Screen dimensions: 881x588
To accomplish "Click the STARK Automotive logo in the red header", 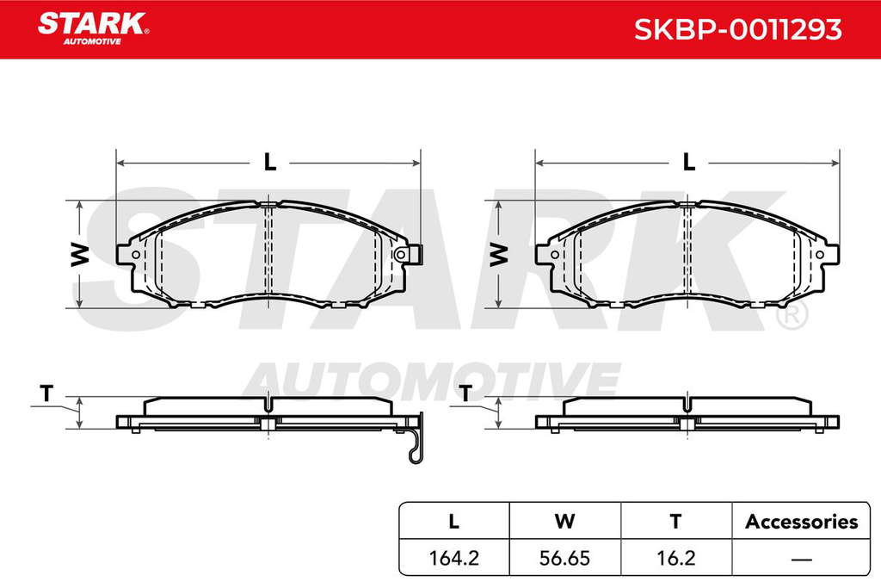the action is tap(93, 28).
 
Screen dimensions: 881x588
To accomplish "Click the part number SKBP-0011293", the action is tap(737, 29).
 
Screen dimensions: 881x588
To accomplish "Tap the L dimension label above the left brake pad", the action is tap(270, 163).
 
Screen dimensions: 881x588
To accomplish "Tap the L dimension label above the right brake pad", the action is tap(689, 163).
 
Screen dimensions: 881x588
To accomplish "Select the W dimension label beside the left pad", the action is tap(80, 254).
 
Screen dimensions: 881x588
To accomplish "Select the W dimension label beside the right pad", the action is tap(498, 254).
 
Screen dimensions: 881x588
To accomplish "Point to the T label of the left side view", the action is tap(46, 393).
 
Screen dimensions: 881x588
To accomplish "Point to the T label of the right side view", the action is tap(465, 393).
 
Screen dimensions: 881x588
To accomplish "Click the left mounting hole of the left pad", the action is tap(135, 255).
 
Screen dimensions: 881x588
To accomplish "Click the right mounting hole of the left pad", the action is tap(400, 255).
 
